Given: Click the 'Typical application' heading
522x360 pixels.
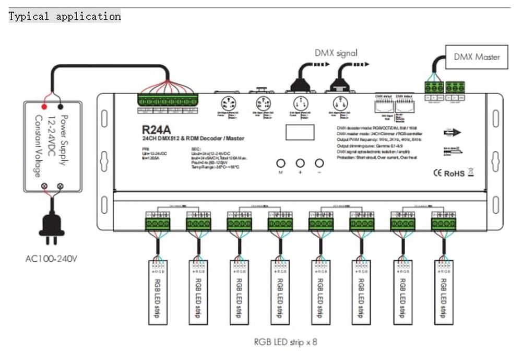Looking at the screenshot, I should pyautogui.click(x=65, y=16).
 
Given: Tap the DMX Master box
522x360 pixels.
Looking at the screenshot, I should pyautogui.click(x=476, y=56).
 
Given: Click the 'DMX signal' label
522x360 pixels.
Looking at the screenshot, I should pyautogui.click(x=336, y=53).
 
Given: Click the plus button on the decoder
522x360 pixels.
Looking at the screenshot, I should pyautogui.click(x=300, y=163).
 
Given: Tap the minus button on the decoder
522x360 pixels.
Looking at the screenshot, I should pyautogui.click(x=319, y=163).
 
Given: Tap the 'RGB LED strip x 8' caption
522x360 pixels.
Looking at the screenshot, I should pyautogui.click(x=285, y=342).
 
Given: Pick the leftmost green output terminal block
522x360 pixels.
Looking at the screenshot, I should pyautogui.click(x=157, y=224).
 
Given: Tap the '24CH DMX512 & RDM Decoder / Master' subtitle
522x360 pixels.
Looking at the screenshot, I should pyautogui.click(x=193, y=138).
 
